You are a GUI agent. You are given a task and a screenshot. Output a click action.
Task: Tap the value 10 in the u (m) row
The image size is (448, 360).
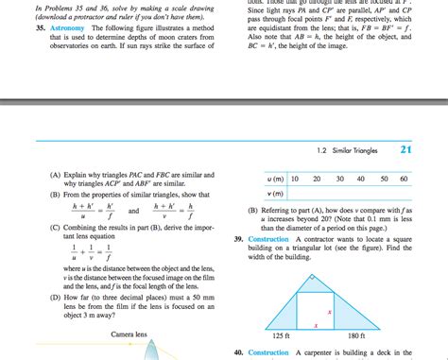295,178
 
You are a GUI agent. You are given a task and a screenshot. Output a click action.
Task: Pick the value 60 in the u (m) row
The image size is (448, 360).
404,178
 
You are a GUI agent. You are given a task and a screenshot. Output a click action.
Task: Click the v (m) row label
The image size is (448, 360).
275,192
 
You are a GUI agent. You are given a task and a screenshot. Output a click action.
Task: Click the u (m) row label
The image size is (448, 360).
275,178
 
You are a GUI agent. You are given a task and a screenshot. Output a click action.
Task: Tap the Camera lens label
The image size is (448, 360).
128,334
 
